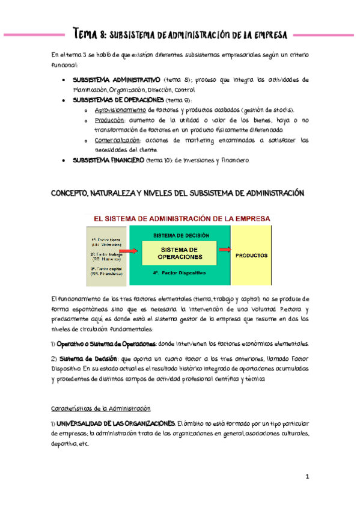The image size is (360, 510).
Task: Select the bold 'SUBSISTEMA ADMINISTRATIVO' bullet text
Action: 117,79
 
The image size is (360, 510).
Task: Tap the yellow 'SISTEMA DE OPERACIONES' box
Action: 180,253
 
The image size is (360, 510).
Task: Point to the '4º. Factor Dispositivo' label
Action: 179,273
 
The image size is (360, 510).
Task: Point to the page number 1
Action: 307,478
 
